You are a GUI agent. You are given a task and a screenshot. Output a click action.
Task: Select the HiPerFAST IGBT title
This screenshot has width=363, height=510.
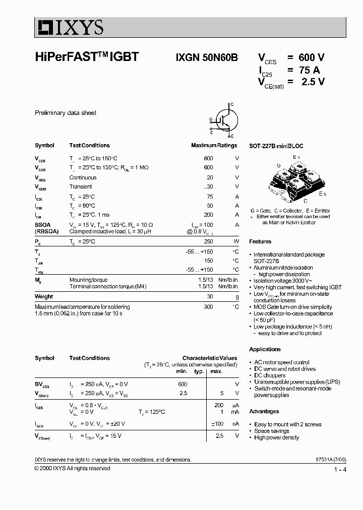coord(86,57)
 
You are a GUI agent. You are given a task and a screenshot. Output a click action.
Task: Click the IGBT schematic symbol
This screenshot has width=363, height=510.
coord(222,120)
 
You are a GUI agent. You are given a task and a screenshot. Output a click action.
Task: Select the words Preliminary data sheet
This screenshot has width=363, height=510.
coord(65,113)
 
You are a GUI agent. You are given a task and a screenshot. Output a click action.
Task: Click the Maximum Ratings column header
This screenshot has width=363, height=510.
coord(214,145)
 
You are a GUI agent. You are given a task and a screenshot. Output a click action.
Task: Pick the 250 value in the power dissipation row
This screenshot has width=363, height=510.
coord(208,241)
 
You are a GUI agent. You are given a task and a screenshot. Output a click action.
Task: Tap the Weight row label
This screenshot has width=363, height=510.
coord(44,297)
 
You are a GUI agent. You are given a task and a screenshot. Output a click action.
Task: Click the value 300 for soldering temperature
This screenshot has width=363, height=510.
coord(208,306)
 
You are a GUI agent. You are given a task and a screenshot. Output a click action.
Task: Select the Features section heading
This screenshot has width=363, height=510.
coord(260,241)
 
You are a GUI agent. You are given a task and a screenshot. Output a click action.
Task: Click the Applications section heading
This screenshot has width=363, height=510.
coord(265,349)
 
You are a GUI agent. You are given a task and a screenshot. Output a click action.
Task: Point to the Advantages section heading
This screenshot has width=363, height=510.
coord(264,411)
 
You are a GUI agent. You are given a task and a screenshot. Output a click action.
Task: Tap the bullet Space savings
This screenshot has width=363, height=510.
coord(272,431)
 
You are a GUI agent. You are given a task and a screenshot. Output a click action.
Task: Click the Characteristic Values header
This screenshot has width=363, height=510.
coord(209,358)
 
